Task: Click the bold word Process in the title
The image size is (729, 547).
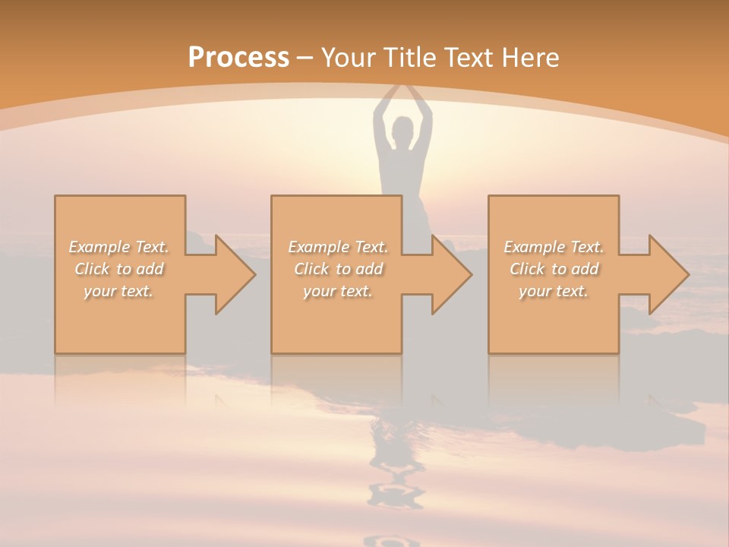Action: tap(238, 58)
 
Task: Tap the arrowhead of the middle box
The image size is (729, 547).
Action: tap(451, 274)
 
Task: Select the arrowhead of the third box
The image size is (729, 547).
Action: tap(668, 274)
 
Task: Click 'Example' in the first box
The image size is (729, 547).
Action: tap(99, 247)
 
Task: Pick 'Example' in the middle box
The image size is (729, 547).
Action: tap(318, 247)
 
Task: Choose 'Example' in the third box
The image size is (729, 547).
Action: tap(534, 247)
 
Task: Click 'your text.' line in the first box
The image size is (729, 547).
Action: tap(118, 291)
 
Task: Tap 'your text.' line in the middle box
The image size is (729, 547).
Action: tap(338, 291)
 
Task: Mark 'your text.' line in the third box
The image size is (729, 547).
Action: tap(554, 291)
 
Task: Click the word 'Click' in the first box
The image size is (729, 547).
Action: tap(92, 269)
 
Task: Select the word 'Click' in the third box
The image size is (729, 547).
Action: tap(527, 269)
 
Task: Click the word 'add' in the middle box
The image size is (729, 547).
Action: tap(370, 269)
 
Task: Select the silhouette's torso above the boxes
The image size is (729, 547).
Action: tap(402, 171)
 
